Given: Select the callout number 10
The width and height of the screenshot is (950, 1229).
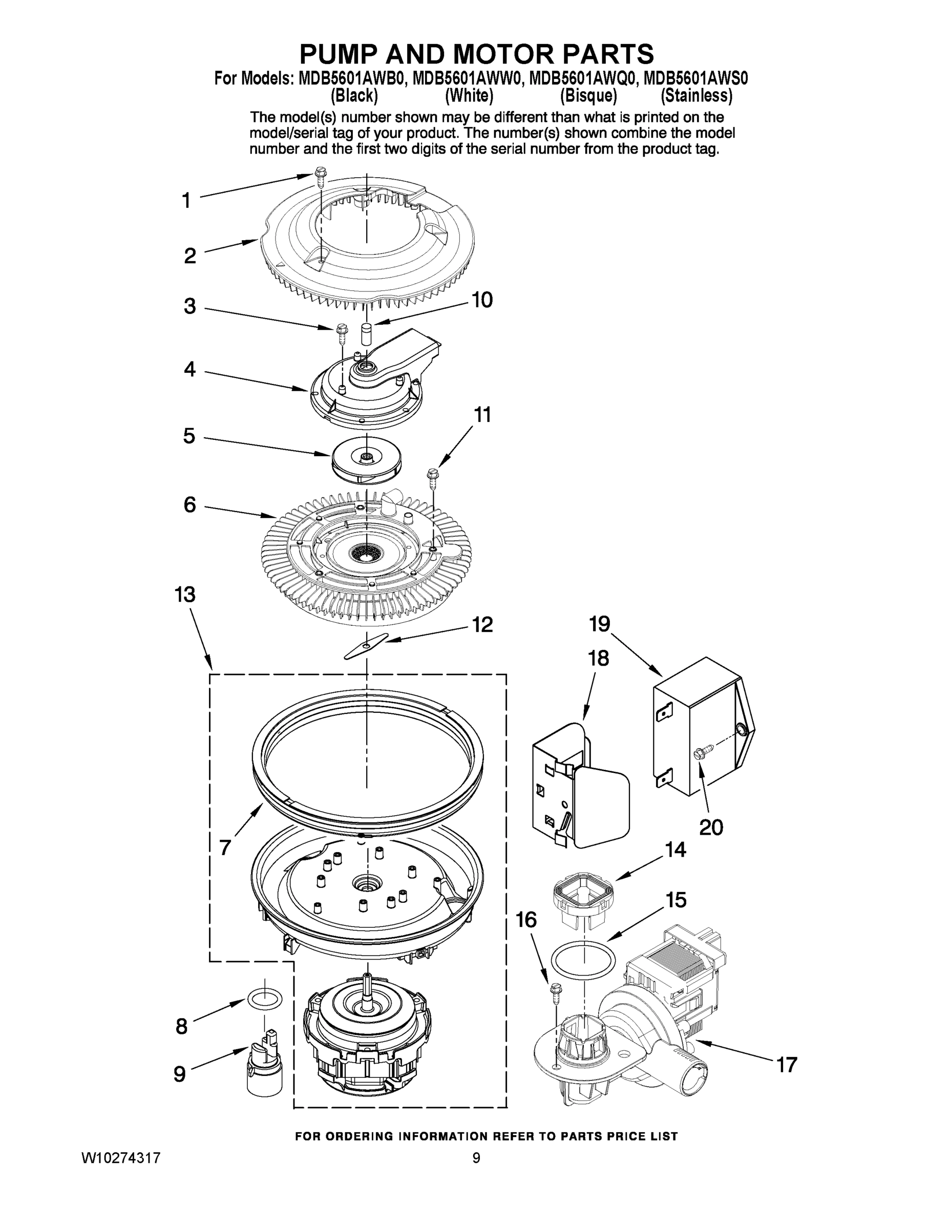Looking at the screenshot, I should (x=482, y=300).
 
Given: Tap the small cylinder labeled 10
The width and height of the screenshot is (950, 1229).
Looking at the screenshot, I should (x=366, y=335).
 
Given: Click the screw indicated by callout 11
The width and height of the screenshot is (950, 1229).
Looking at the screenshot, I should (x=433, y=480).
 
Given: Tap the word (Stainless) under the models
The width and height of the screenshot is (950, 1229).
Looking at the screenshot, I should (x=696, y=96).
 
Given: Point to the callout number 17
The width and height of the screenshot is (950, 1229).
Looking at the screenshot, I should (x=787, y=1064).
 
